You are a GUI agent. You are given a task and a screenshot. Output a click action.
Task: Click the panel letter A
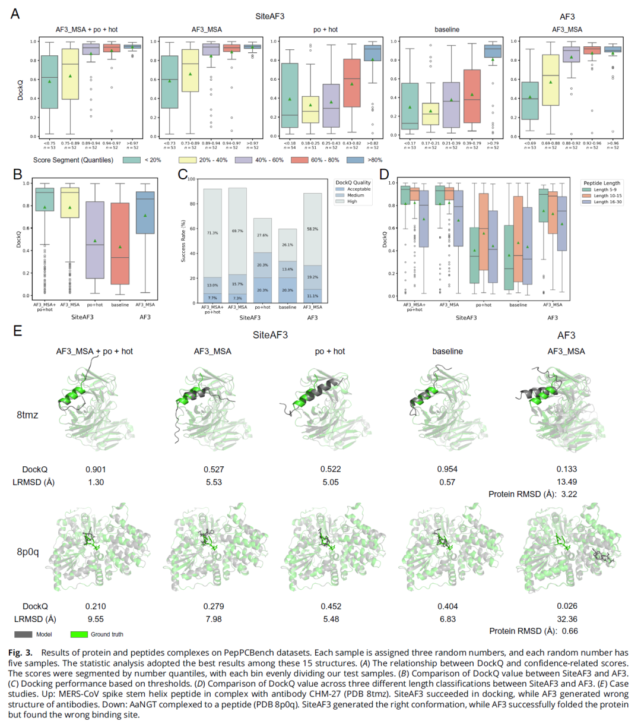pos(15,14)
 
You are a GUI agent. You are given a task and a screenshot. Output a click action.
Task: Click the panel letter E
pos(18,331)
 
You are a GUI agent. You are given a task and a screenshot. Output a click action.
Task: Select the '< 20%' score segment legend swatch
pos(132,160)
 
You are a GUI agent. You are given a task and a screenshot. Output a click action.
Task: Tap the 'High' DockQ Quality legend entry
pos(341,201)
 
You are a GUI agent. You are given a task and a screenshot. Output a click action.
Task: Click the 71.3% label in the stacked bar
pos(212,233)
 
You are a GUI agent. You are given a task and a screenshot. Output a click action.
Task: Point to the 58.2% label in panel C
pos(312,229)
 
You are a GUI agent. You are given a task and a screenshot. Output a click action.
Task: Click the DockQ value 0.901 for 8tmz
pos(96,469)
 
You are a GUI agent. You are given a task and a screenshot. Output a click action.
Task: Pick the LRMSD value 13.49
pos(566,482)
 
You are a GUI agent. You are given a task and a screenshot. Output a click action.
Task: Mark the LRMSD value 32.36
pos(566,619)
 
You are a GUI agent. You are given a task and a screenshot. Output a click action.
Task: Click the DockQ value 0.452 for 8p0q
pos(331,606)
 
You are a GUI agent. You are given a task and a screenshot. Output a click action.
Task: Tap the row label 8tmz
pos(27,415)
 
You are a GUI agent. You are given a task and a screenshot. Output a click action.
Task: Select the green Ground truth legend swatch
pos(79,634)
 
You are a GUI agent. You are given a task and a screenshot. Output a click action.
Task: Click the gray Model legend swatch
pos(23,634)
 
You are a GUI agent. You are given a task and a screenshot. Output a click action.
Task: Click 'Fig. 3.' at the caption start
pos(20,652)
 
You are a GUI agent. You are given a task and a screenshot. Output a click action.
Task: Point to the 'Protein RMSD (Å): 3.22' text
pos(532,494)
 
